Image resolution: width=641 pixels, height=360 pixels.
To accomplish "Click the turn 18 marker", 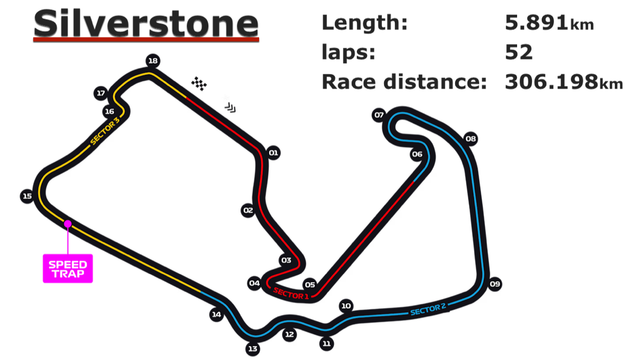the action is point(153,61).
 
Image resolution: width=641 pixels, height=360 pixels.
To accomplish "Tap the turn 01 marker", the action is point(273,153).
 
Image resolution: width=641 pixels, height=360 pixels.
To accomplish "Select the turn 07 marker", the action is point(379,115).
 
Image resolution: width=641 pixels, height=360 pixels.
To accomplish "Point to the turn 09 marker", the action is point(495,284).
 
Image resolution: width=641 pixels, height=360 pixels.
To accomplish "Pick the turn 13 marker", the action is point(253,349).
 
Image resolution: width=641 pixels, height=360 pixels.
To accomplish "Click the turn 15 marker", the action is point(27,196).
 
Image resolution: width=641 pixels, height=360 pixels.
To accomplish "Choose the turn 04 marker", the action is point(254,283).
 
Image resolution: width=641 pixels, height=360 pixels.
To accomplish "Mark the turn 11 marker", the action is point(326,343).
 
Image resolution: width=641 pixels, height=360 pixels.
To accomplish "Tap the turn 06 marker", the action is point(417,154).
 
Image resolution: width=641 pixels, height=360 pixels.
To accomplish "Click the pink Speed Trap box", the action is point(68,269).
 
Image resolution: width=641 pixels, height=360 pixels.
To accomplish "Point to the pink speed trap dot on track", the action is point(68,224).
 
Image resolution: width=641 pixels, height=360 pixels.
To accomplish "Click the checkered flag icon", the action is point(199,84).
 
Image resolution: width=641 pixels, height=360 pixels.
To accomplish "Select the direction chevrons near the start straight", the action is point(230,108).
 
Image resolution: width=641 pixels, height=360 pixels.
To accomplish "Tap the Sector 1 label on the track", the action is point(291,294).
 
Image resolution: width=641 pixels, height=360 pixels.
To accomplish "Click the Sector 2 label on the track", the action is point(428,309).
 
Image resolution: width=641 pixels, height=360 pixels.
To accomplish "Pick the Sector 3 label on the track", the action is point(105,131).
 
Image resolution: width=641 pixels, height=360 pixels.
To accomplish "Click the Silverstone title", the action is point(146,24).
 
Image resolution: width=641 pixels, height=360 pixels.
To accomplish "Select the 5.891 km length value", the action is point(550,23).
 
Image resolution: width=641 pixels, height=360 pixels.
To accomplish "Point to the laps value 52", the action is point(519,52).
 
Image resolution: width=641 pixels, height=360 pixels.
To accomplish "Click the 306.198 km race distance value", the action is point(564,82).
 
